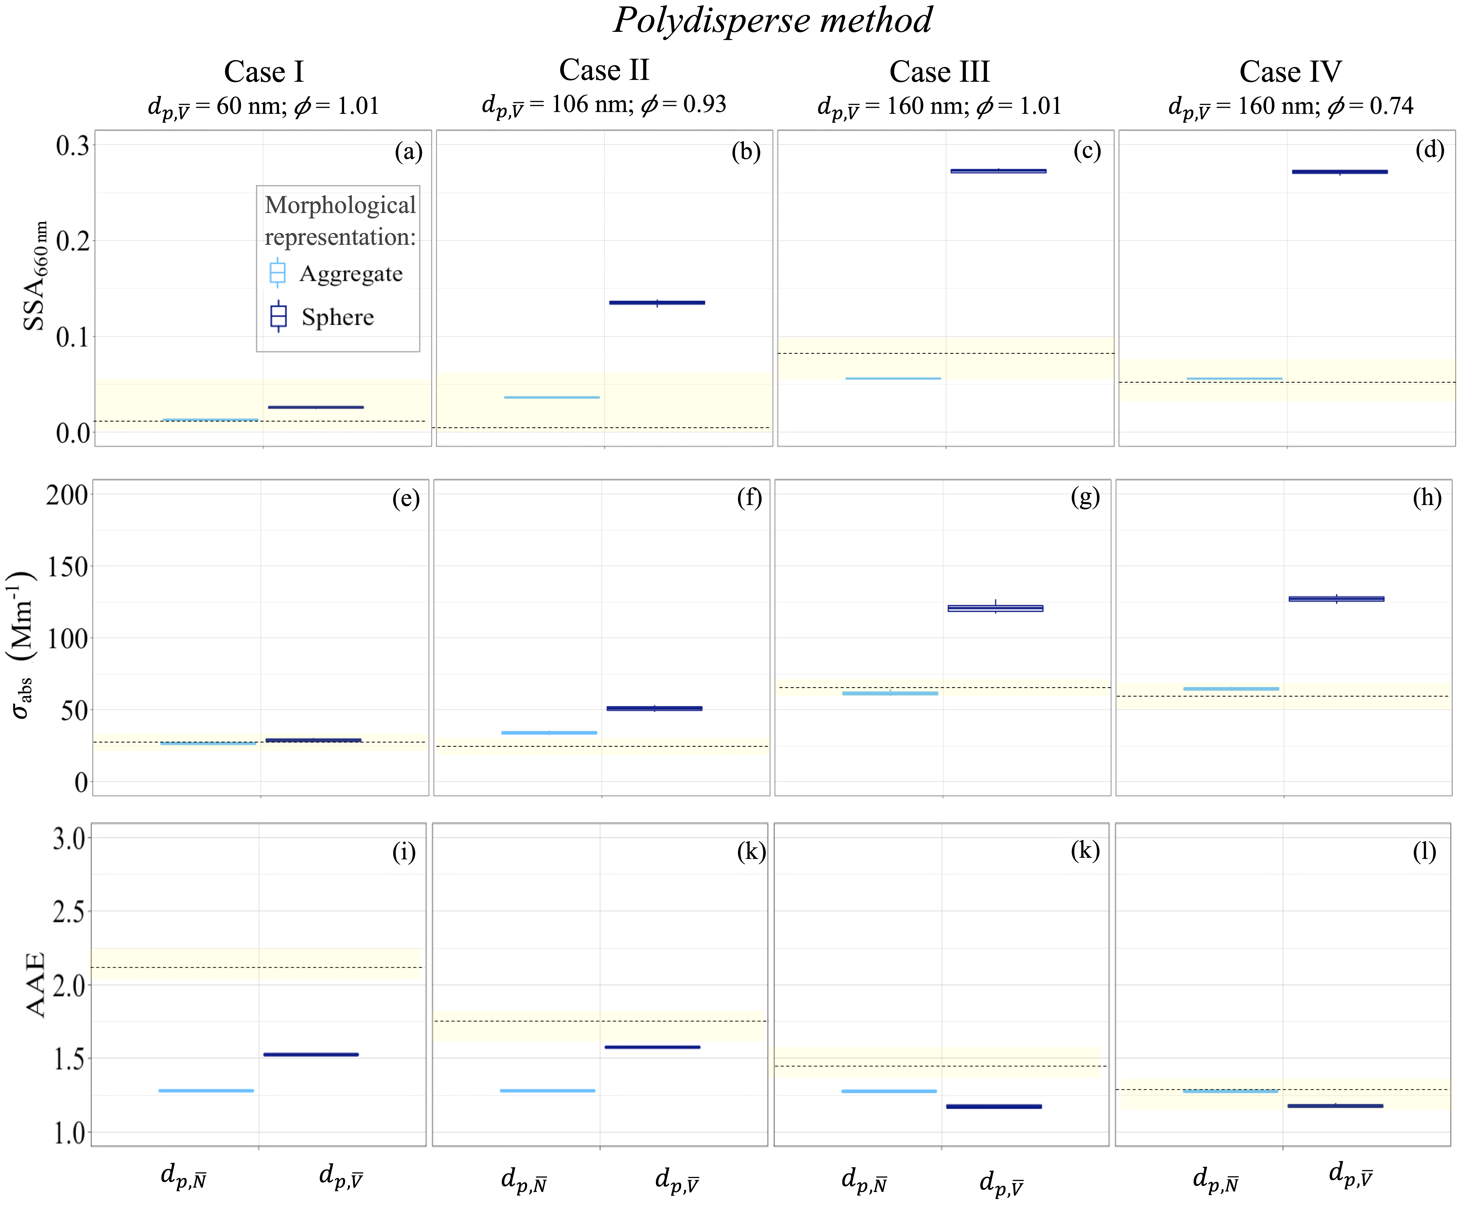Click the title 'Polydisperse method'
[772, 20]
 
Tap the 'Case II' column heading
[604, 70]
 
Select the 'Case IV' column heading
[1290, 71]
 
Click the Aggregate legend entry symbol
[277, 273]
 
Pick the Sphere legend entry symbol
[278, 317]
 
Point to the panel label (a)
[408, 151]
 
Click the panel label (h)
[1427, 498]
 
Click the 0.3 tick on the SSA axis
[73, 146]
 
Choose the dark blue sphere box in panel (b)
[656, 303]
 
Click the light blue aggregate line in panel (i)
[206, 1090]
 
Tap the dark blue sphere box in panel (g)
[995, 608]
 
